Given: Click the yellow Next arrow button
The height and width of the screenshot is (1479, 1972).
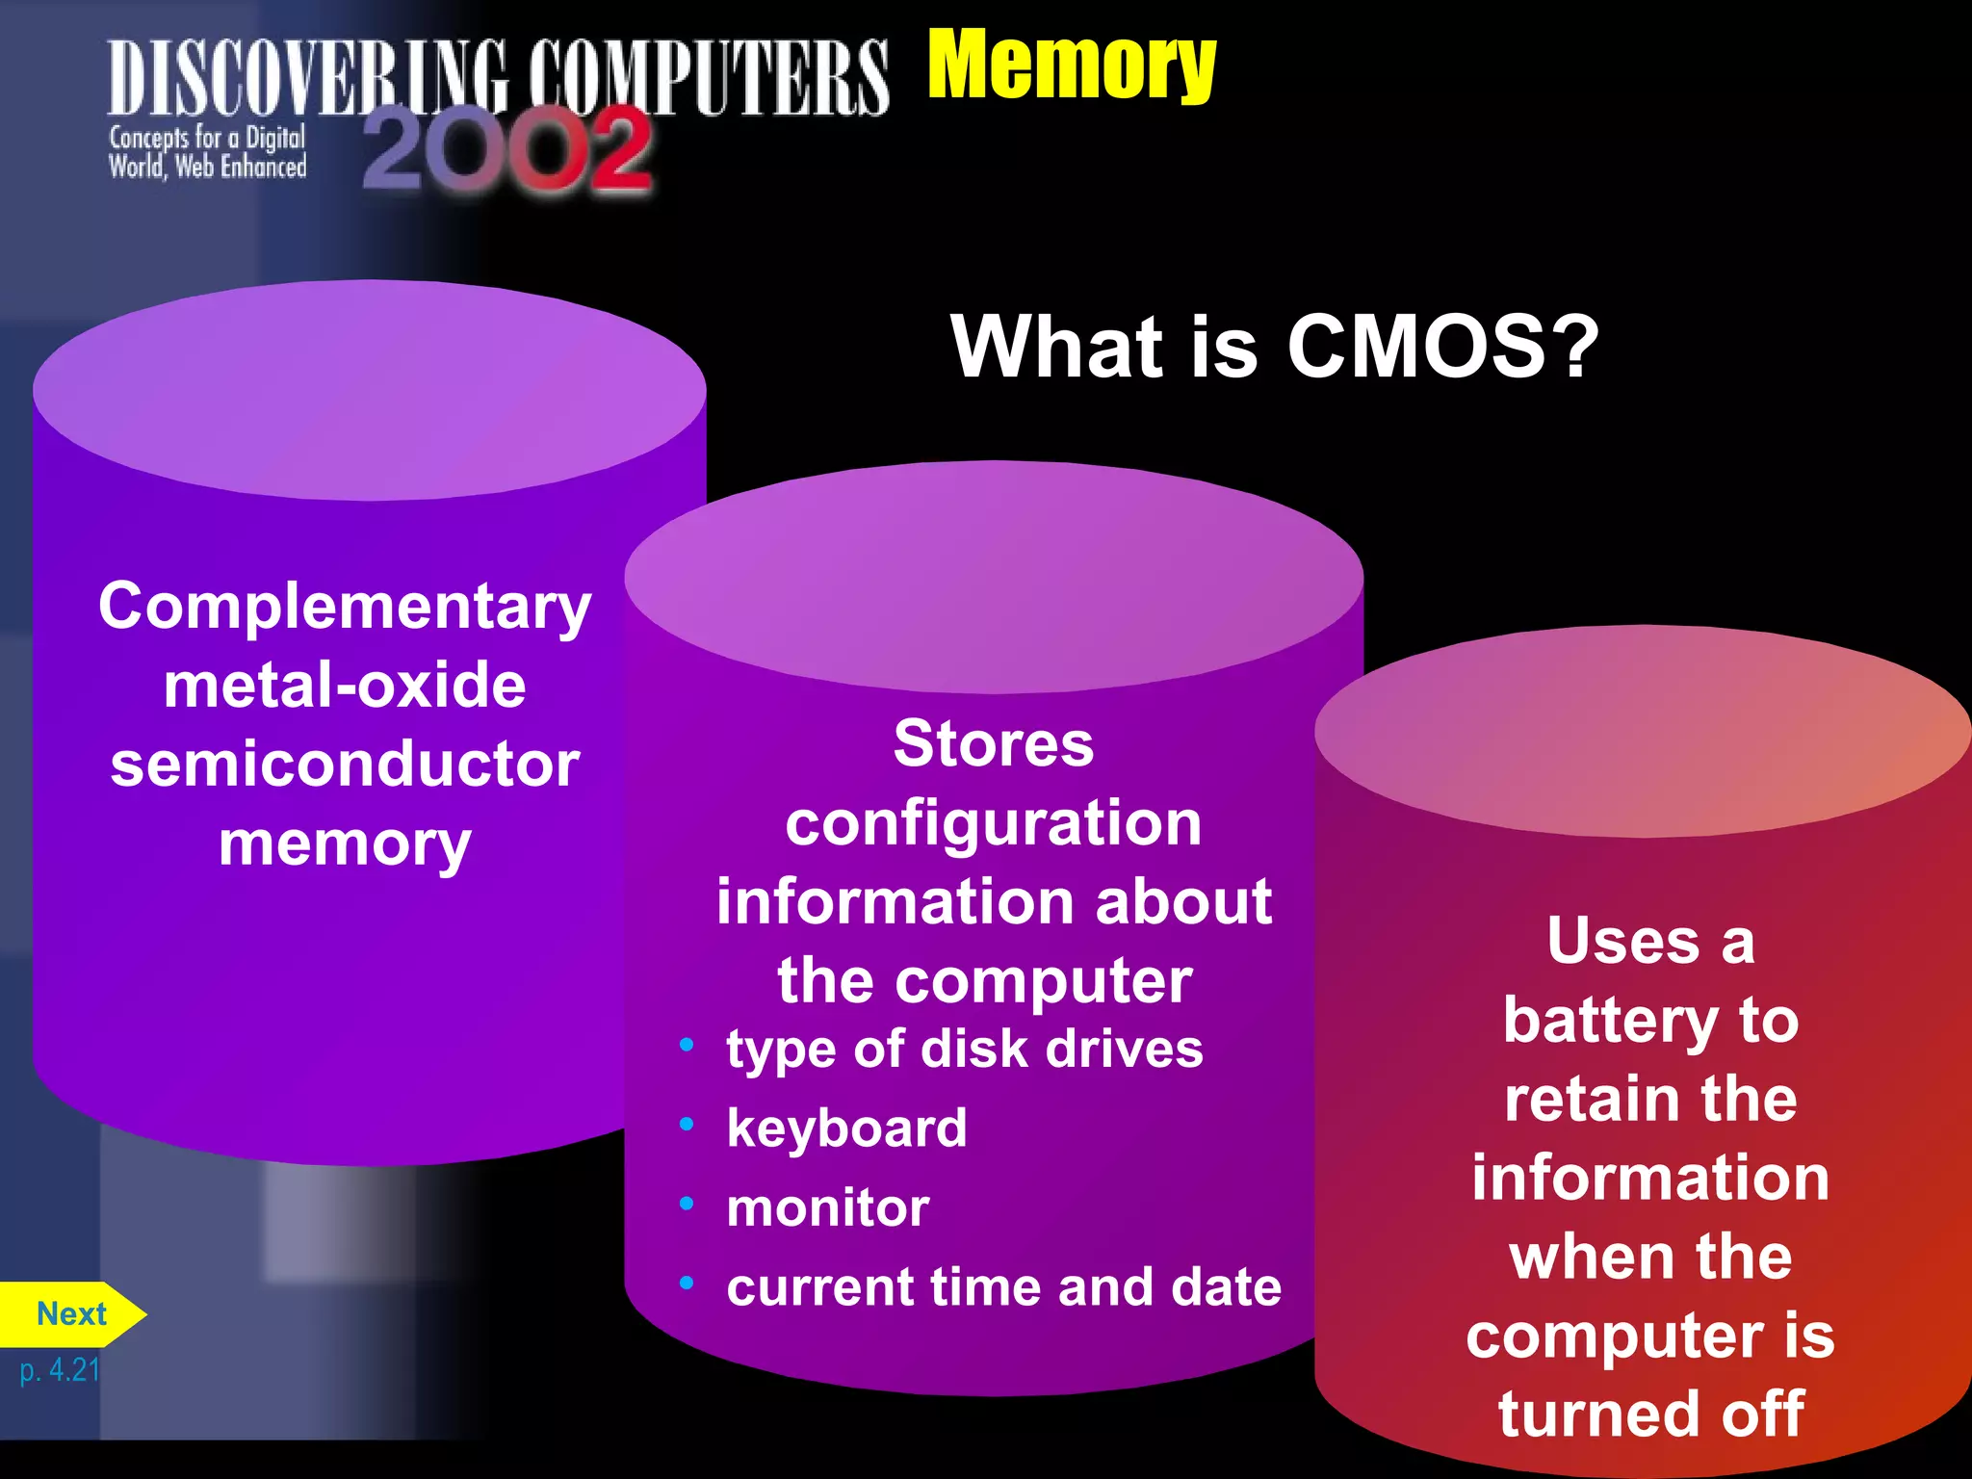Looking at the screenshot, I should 71,1314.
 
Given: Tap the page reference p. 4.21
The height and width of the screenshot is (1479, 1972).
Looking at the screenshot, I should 60,1369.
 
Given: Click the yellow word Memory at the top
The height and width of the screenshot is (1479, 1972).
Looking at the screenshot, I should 1071,65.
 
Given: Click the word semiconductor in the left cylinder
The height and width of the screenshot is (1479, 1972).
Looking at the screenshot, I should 345,765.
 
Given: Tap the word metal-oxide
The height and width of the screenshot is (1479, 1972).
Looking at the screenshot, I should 345,686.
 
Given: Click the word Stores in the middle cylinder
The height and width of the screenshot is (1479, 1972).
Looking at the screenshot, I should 993,744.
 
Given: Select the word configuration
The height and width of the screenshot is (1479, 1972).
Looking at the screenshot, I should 993,824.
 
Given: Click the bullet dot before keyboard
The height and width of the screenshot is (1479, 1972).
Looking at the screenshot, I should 687,1124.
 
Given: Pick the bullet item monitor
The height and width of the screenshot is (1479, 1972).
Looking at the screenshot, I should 828,1207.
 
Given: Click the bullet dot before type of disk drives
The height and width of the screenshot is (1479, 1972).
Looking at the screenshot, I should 687,1045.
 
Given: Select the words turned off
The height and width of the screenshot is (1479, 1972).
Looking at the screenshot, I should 1650,1414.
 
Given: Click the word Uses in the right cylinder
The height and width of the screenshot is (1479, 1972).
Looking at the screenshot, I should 1622,941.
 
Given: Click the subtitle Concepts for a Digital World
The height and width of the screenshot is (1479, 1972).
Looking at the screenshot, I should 207,152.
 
